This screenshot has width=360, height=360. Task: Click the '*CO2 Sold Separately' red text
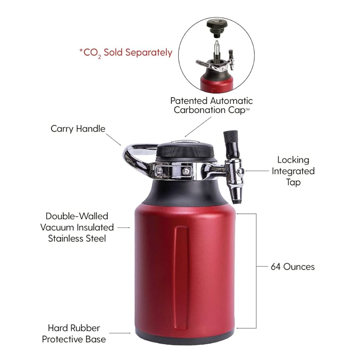tap(126, 52)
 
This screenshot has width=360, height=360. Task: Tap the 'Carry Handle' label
tap(78, 129)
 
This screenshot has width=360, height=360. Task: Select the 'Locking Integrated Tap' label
tap(293, 171)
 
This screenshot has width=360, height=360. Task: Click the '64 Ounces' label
tap(292, 267)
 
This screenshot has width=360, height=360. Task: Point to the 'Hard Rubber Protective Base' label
tap(74, 333)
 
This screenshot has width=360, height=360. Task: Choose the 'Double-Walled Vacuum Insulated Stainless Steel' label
tap(77, 228)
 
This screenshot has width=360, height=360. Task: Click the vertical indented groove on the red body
tap(181, 274)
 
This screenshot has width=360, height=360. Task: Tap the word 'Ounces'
tap(299, 267)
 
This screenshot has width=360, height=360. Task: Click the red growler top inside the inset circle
tap(217, 84)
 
